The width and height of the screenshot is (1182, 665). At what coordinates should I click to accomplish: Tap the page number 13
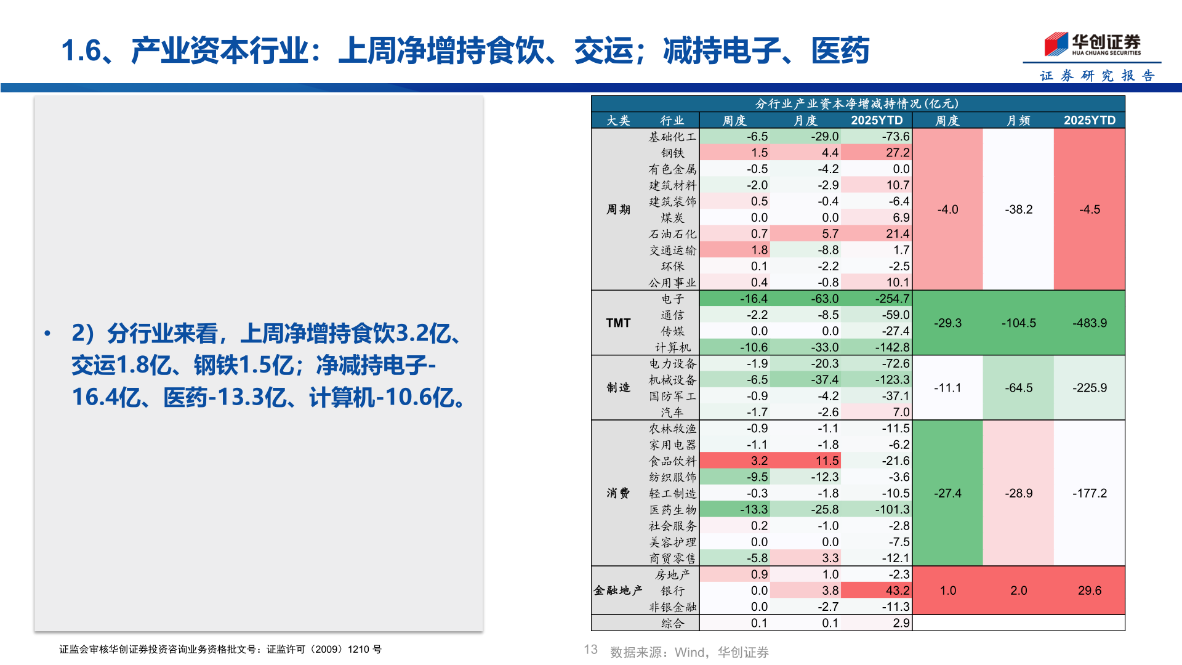point(590,650)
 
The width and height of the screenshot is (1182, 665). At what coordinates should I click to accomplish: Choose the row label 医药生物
point(672,510)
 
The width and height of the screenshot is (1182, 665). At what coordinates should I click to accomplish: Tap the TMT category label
point(618,323)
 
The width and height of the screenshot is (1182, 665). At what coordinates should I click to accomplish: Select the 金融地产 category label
point(617,590)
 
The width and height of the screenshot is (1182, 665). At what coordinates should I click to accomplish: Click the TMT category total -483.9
point(1089,323)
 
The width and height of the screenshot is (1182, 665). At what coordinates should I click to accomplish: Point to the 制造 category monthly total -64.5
point(1018,388)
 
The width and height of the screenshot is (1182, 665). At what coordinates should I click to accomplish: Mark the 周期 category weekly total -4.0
point(947,209)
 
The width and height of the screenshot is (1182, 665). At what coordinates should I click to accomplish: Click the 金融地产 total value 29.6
point(1089,590)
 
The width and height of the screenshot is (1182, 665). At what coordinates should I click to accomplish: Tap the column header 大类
point(618,121)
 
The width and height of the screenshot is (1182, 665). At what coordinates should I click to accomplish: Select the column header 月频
point(1018,121)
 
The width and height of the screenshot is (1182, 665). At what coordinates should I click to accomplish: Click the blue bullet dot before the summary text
point(47,334)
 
